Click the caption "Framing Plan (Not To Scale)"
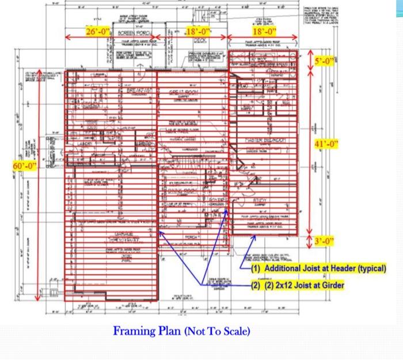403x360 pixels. coord(182,332)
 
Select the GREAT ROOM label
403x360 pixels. coord(184,92)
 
